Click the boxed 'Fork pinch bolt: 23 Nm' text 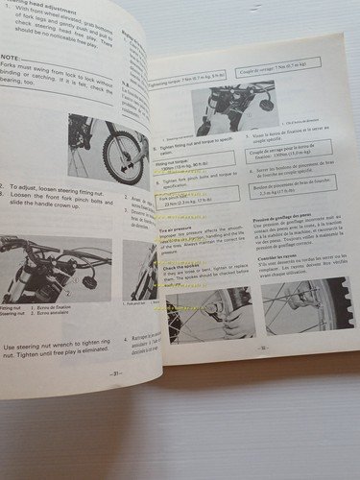[174, 200]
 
